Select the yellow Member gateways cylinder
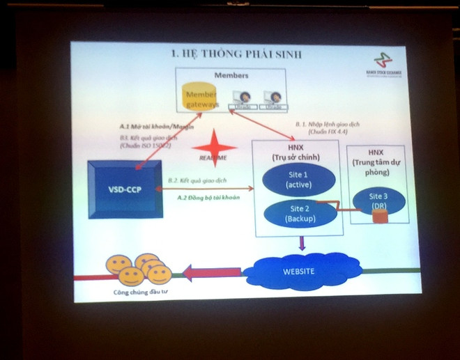[202, 97]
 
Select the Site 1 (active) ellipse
[298, 180]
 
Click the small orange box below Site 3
[380, 217]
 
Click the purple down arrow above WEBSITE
[301, 244]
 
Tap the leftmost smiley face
[118, 265]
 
